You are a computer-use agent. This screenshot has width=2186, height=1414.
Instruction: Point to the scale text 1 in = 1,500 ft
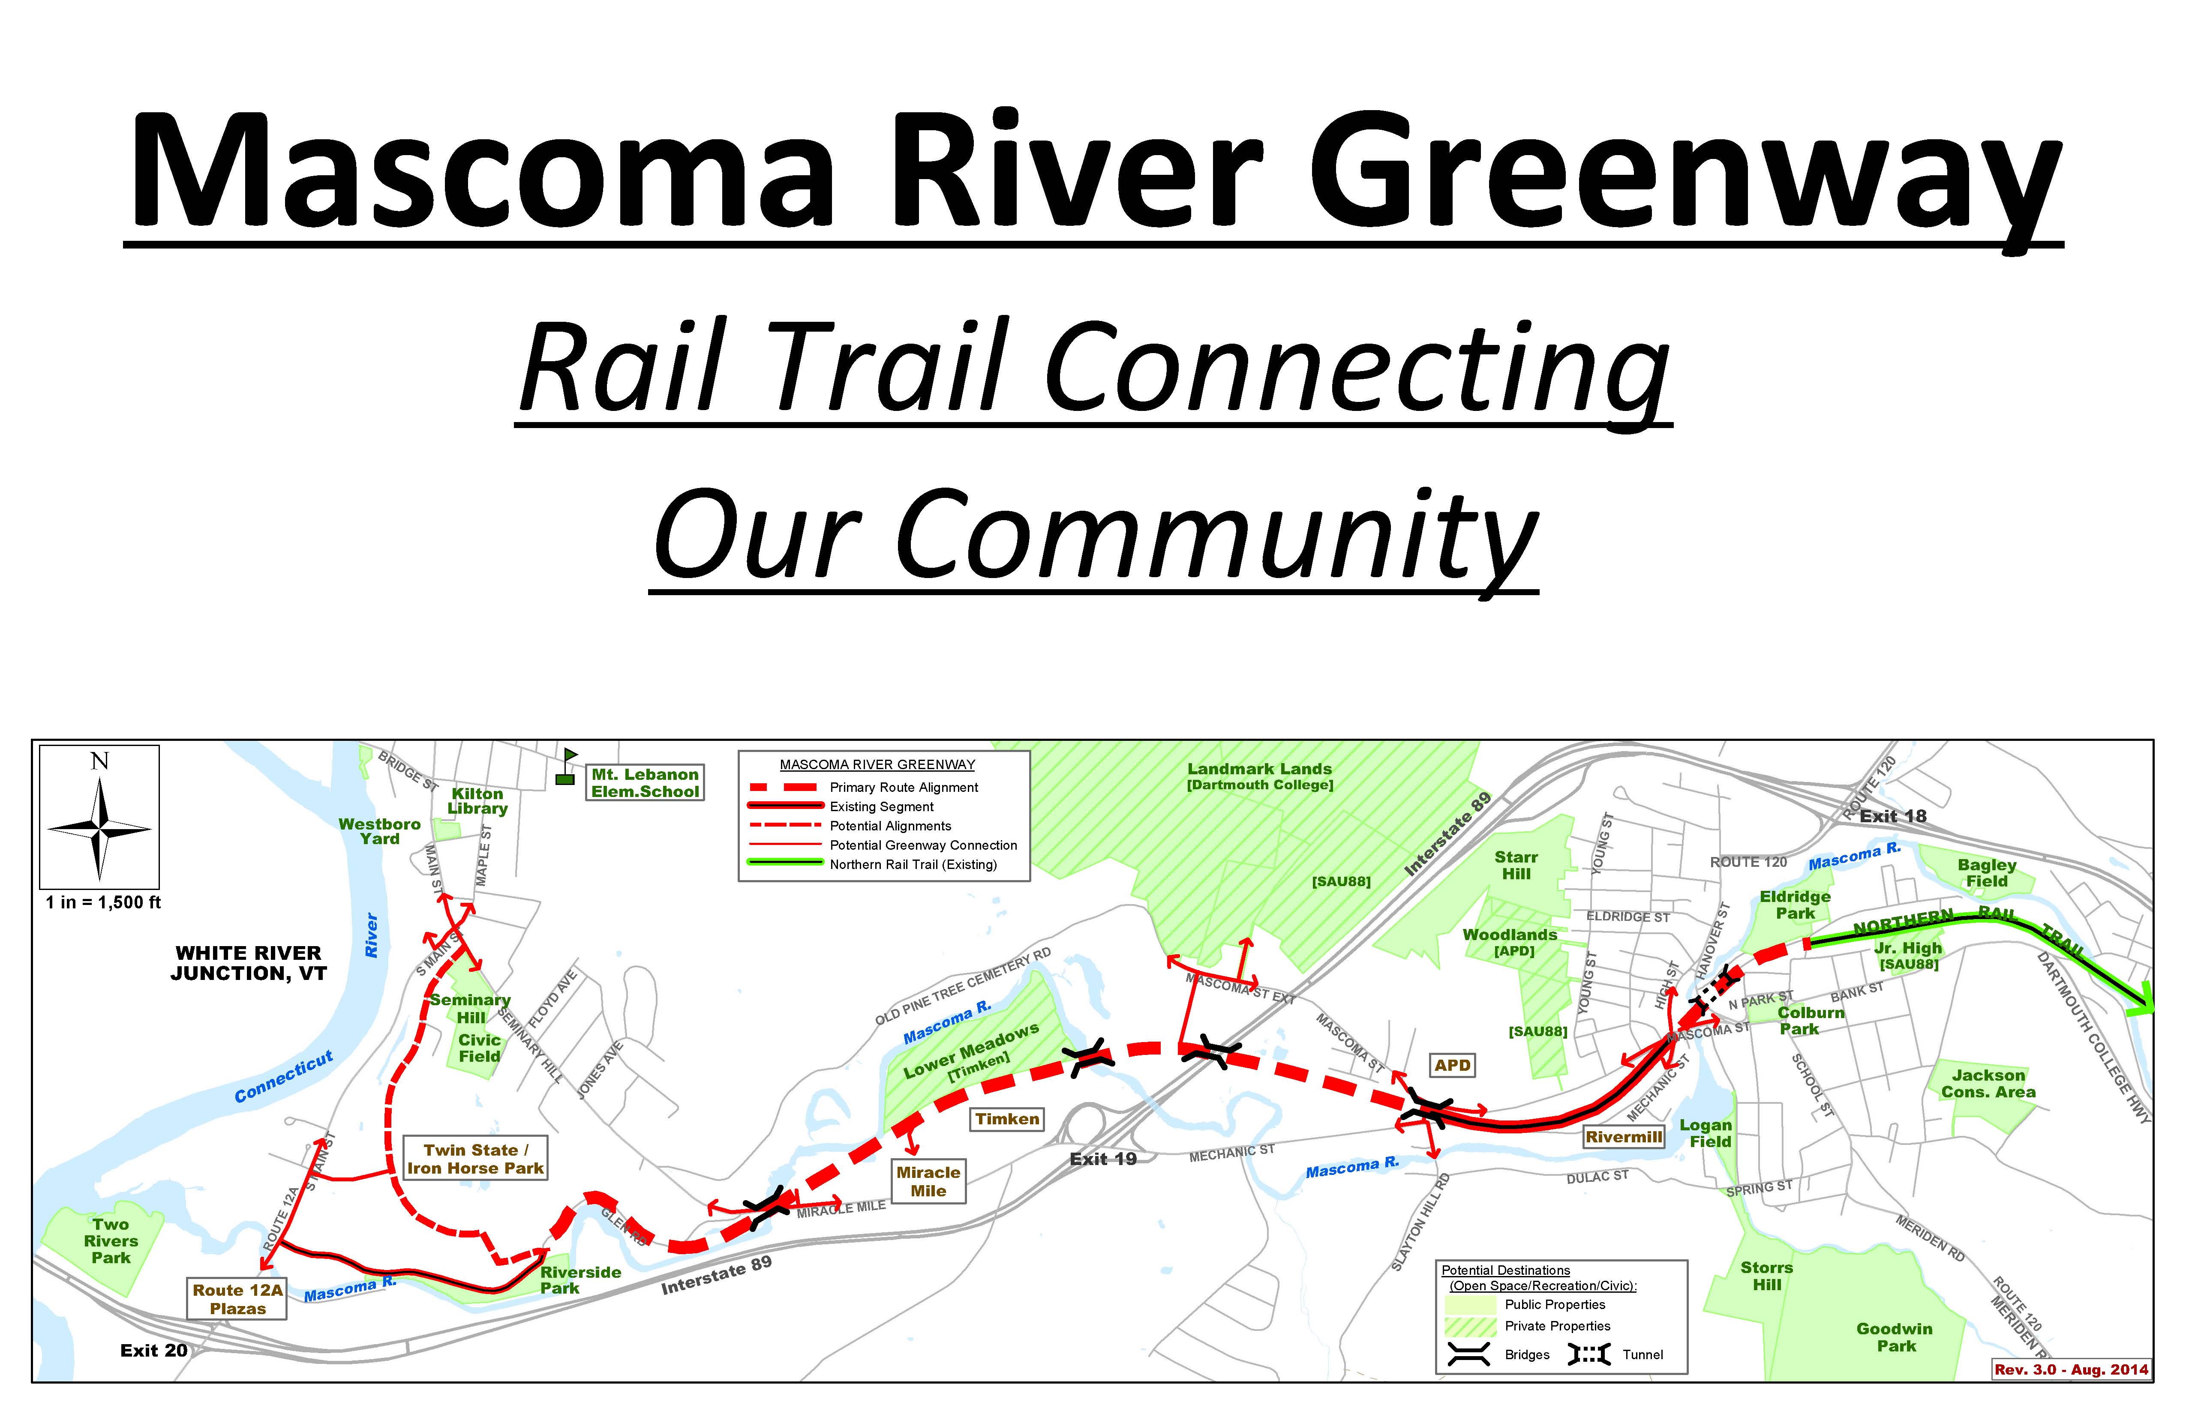point(103,902)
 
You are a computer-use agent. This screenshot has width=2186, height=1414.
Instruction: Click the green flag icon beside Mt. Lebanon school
point(567,767)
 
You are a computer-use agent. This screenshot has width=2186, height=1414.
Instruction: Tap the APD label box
point(1452,1065)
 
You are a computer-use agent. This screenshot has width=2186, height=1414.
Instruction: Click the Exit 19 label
point(1103,1159)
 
